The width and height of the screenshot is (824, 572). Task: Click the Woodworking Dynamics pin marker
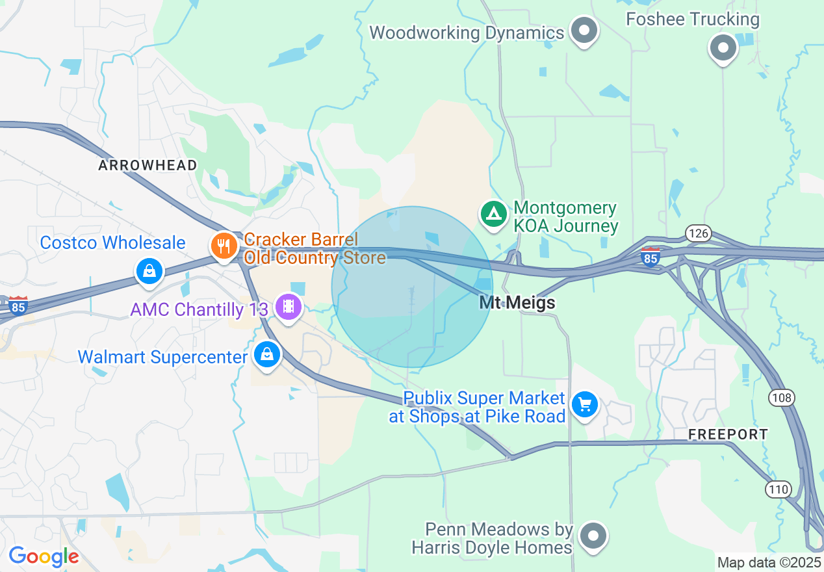(x=584, y=31)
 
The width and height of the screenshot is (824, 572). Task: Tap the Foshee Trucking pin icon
(x=723, y=48)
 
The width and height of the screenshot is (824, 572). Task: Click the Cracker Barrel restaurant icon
(x=224, y=246)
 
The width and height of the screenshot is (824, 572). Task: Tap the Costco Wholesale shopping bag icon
(x=149, y=271)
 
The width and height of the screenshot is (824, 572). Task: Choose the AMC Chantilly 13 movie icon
(x=288, y=306)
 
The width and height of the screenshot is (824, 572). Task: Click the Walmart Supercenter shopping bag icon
(x=266, y=355)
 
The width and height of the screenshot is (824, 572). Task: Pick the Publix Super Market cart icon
(x=585, y=405)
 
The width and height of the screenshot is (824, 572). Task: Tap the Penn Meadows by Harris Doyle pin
(x=593, y=537)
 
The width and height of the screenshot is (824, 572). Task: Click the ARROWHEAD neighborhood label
(x=148, y=166)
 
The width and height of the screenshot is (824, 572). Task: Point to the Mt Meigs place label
(x=517, y=303)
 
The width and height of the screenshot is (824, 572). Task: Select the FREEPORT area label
(x=728, y=434)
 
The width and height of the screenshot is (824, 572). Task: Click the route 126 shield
(x=699, y=233)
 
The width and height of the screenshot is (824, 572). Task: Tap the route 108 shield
(x=780, y=397)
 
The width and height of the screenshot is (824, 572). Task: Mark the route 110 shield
(x=778, y=489)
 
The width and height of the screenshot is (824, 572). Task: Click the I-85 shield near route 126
(x=650, y=255)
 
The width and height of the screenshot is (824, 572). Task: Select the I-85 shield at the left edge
(x=18, y=305)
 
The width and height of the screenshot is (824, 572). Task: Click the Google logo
(x=44, y=556)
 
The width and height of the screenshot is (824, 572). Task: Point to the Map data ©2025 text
(x=768, y=562)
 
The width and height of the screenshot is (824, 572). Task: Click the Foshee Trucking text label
(x=693, y=19)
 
